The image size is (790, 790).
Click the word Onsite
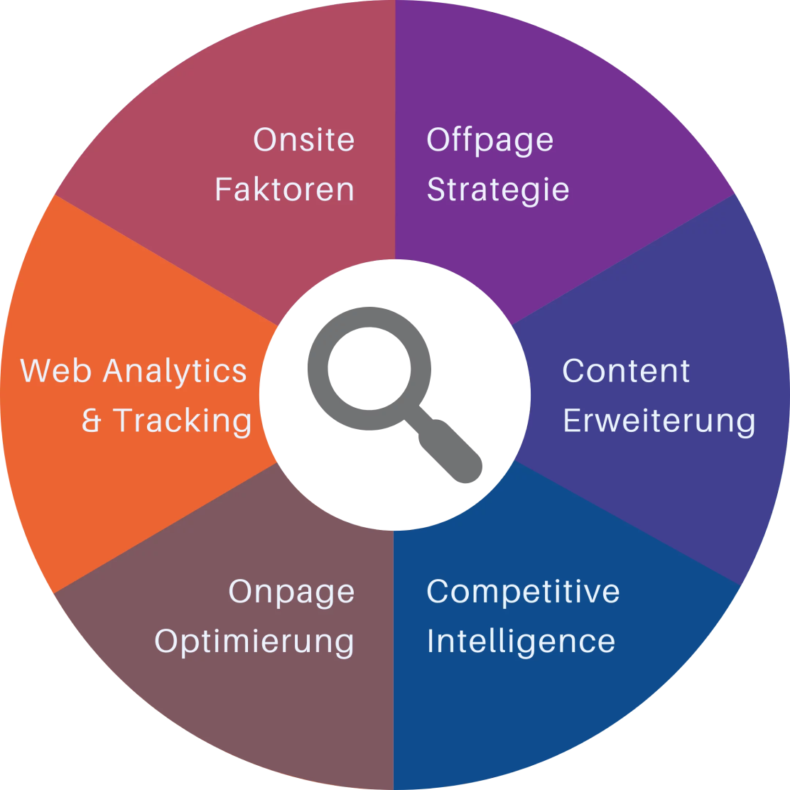click(x=303, y=139)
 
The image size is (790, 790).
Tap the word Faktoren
click(x=284, y=190)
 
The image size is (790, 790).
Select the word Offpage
click(x=489, y=141)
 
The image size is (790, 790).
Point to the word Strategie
click(x=497, y=190)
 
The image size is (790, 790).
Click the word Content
click(x=625, y=371)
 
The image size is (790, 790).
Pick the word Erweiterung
click(x=659, y=421)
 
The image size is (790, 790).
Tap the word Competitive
click(x=523, y=591)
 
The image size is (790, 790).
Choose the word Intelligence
click(x=521, y=642)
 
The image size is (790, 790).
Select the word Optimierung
click(x=254, y=642)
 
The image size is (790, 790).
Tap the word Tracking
click(x=183, y=421)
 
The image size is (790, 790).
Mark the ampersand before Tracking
click(x=92, y=421)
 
